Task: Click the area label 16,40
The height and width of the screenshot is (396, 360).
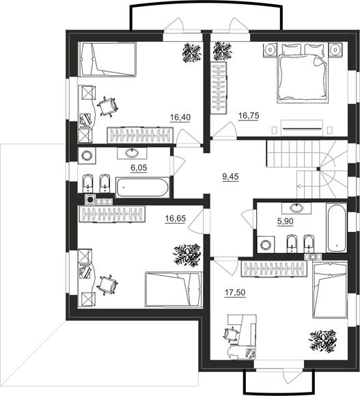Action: [x=180, y=118]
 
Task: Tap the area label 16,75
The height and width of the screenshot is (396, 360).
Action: [x=249, y=116]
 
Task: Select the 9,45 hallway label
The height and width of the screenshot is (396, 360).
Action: [x=230, y=176]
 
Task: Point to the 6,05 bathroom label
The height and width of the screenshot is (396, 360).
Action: [x=139, y=168]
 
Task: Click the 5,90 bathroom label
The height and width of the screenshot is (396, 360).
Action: [x=286, y=222]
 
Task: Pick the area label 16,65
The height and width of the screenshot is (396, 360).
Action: [x=176, y=218]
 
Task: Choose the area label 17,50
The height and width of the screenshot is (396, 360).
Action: [x=235, y=293]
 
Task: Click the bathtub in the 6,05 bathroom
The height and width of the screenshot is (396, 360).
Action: [x=143, y=187]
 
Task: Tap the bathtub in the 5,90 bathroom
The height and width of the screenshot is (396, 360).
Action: [x=336, y=228]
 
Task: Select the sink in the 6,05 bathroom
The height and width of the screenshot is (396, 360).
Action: [x=132, y=153]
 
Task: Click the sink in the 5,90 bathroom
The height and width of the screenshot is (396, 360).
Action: [x=296, y=208]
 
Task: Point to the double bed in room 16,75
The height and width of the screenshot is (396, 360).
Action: [x=303, y=73]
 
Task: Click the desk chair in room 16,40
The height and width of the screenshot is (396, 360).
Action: [x=108, y=107]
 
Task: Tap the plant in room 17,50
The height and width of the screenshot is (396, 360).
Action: [x=323, y=341]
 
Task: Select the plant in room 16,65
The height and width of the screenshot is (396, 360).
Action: [x=187, y=255]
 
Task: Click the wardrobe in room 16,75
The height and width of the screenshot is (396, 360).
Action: [x=219, y=88]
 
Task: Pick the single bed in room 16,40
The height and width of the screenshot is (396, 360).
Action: [x=108, y=60]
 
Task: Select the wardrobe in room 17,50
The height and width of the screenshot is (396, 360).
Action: [x=274, y=269]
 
